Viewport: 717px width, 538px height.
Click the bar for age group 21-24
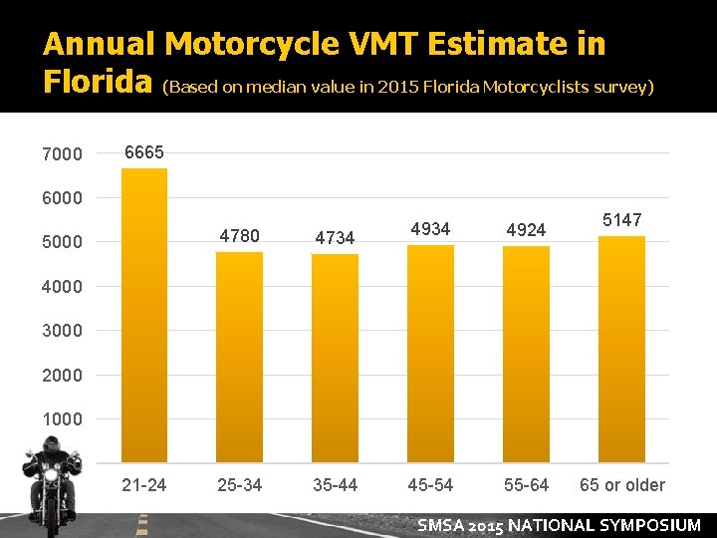[143, 314]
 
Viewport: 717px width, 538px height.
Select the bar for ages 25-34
[239, 357]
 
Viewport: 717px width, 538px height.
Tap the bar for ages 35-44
[335, 358]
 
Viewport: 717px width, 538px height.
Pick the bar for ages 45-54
[430, 354]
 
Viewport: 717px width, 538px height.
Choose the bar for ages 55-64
[526, 354]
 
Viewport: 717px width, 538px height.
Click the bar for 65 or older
[621, 349]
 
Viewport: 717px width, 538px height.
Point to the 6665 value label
[143, 152]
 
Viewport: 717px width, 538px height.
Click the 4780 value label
[239, 236]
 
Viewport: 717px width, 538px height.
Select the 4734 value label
[335, 238]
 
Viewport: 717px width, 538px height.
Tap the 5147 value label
[621, 220]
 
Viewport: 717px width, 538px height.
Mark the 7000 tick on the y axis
[63, 154]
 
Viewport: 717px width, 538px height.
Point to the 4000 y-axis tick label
[63, 287]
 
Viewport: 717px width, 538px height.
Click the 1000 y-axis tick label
[63, 419]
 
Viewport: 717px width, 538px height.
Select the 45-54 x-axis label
[430, 485]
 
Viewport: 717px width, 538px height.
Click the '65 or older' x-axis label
[621, 485]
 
